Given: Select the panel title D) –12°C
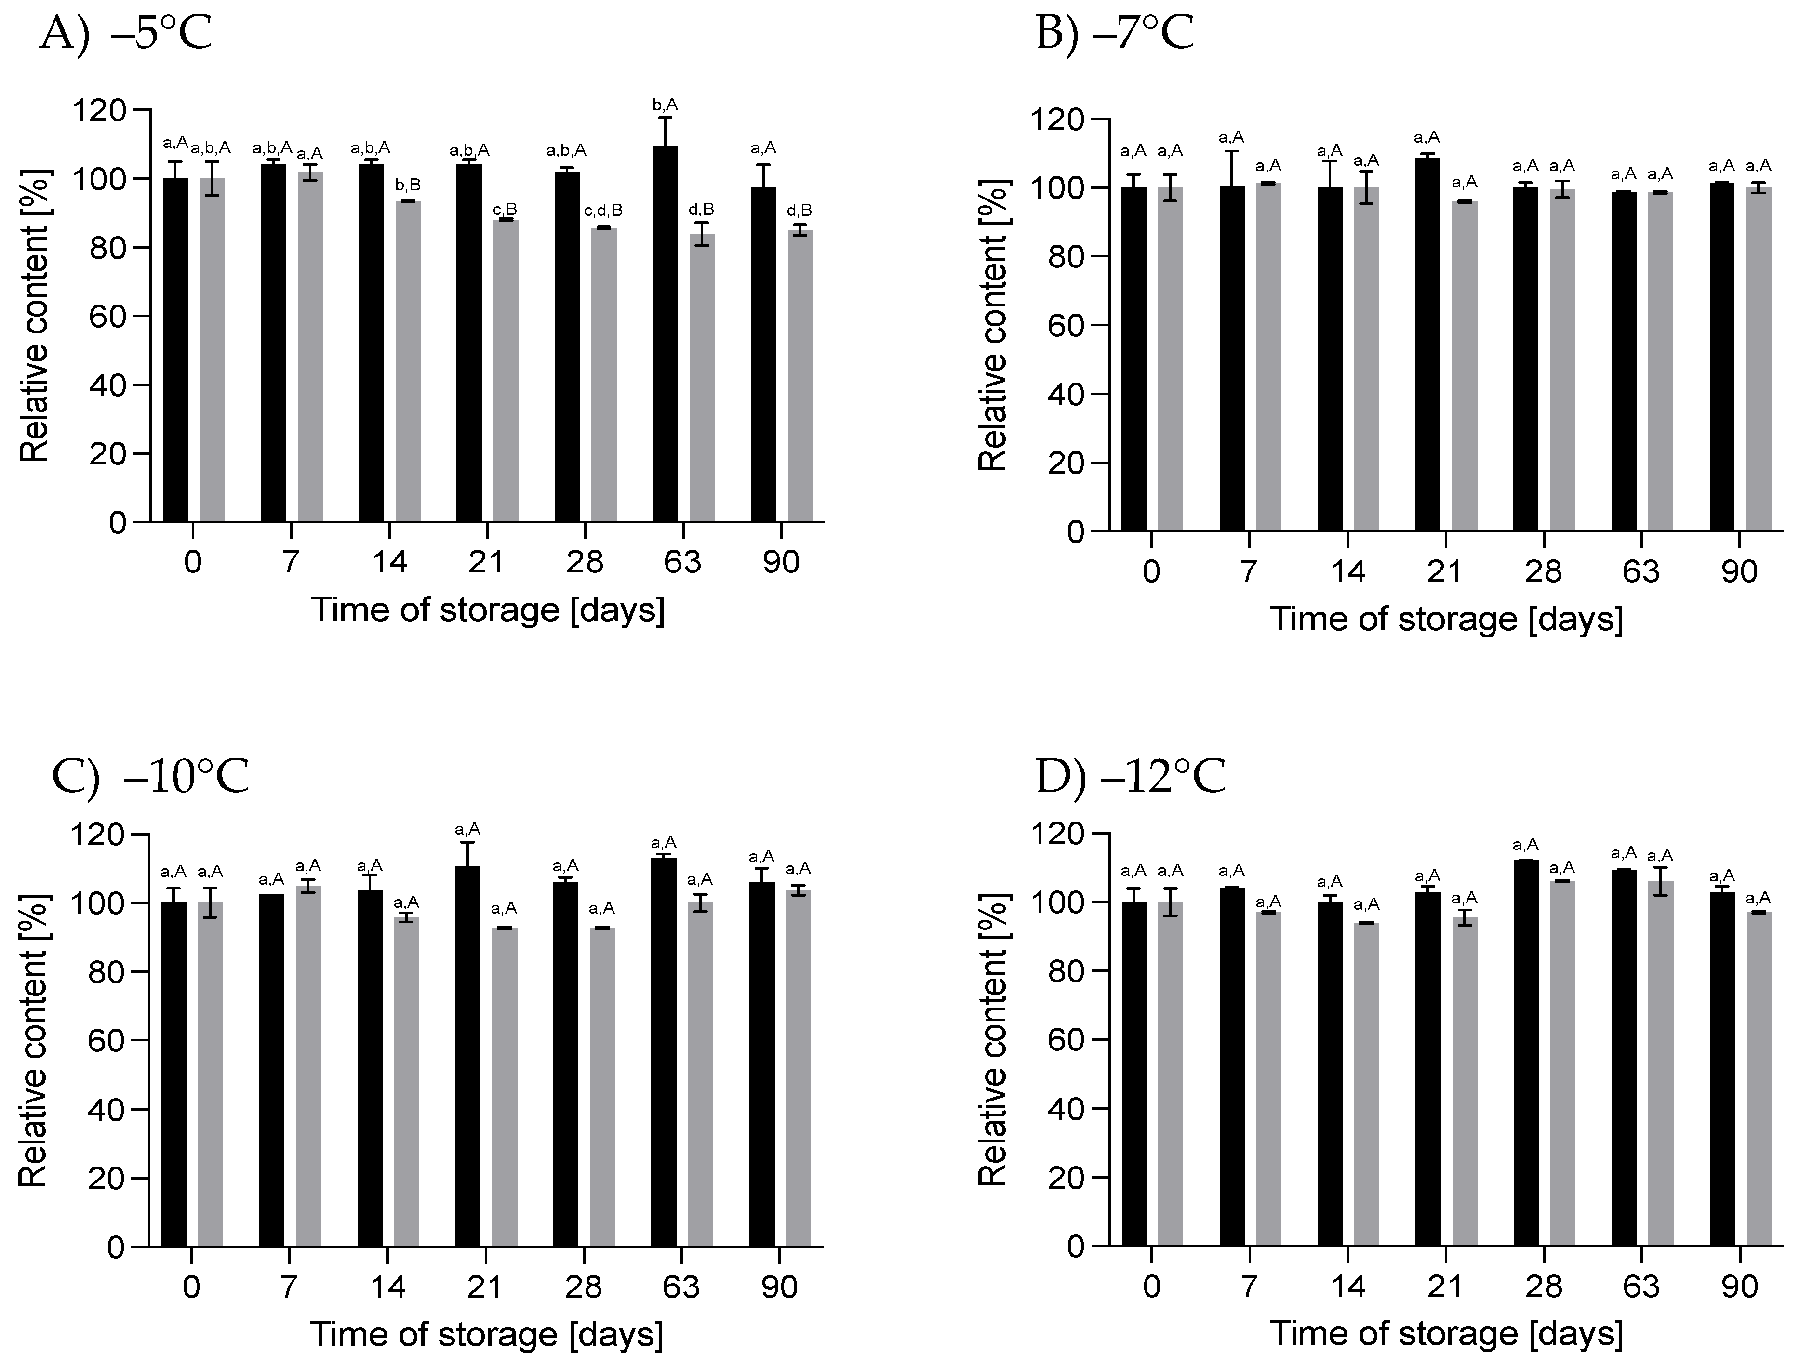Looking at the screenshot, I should coord(1131,779).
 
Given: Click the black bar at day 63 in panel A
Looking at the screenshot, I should coord(665,333).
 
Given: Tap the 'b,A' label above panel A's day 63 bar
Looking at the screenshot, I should coord(665,105).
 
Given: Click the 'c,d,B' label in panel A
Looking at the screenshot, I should coord(603,211).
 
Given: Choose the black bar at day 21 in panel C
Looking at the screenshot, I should coord(468,1058).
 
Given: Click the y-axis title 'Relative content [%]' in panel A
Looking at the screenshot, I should coord(34,316).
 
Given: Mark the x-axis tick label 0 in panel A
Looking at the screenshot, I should coord(192,562).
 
